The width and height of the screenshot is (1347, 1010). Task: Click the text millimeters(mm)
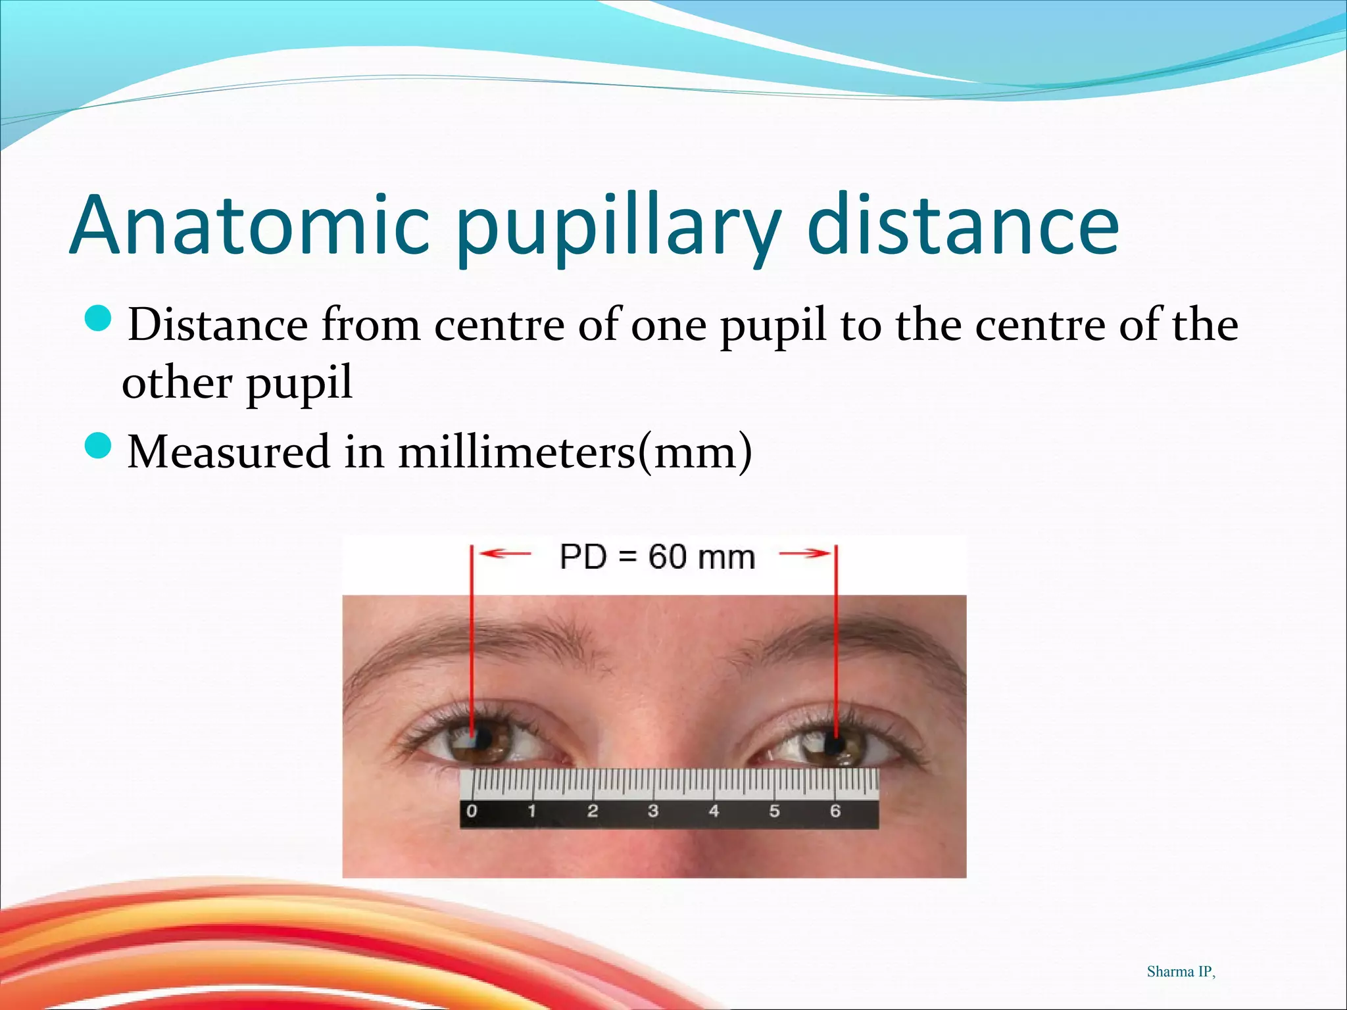click(575, 452)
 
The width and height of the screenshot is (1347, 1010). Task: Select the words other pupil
click(237, 383)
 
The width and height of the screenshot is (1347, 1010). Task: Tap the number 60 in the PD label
click(668, 557)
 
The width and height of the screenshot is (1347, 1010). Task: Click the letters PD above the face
click(583, 557)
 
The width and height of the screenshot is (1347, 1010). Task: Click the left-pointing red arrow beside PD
click(504, 554)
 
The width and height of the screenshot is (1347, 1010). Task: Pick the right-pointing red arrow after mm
click(805, 554)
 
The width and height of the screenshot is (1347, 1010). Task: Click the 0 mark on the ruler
click(472, 811)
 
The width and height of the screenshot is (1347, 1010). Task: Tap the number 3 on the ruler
click(653, 811)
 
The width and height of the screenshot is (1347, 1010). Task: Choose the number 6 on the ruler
click(835, 811)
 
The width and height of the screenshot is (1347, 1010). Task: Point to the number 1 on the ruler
click(531, 811)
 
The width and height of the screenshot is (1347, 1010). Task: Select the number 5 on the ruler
click(775, 811)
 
